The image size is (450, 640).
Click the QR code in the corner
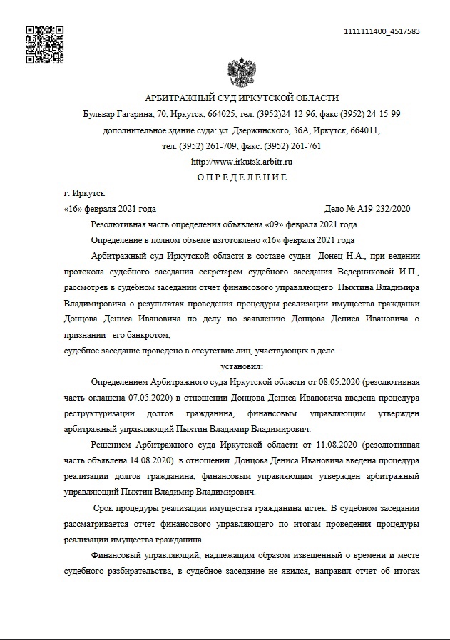(x=45, y=44)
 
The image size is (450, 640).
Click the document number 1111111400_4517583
(x=381, y=32)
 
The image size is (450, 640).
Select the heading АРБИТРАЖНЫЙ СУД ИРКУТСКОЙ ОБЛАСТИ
(x=242, y=98)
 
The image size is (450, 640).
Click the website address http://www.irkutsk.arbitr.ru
(x=242, y=162)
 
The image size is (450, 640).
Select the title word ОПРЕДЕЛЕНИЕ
(x=242, y=177)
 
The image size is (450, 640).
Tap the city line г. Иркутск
(x=84, y=193)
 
